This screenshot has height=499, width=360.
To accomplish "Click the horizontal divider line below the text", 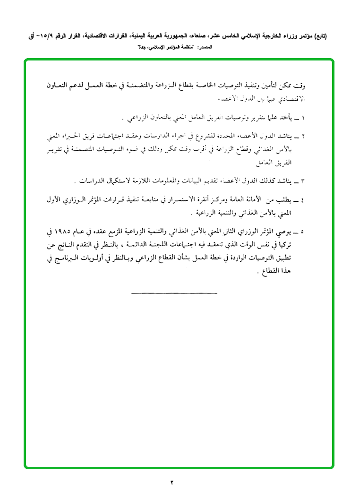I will [173, 294].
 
